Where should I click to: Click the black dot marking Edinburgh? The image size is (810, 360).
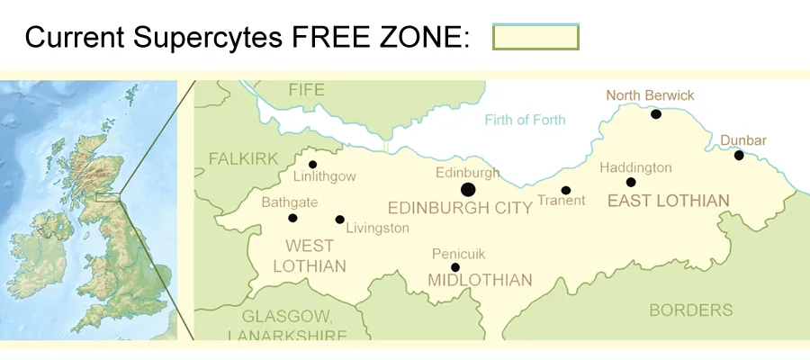pyautogui.click(x=468, y=189)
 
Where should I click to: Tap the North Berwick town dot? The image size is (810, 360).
pyautogui.click(x=656, y=114)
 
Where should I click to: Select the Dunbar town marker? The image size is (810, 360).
pyautogui.click(x=739, y=156)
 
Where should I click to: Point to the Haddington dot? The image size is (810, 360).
pyautogui.click(x=631, y=183)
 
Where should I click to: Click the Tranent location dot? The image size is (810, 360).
pyautogui.click(x=566, y=190)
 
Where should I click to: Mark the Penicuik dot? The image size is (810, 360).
pyautogui.click(x=455, y=267)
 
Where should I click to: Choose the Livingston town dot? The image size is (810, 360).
pyautogui.click(x=339, y=220)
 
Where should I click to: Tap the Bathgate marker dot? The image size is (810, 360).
pyautogui.click(x=292, y=218)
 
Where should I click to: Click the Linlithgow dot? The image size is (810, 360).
pyautogui.click(x=312, y=165)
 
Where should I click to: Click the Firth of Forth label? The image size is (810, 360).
pyautogui.click(x=525, y=120)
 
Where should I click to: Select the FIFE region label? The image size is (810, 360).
pyautogui.click(x=306, y=90)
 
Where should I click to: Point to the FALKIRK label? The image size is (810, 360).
pyautogui.click(x=243, y=158)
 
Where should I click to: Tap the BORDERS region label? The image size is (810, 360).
pyautogui.click(x=691, y=310)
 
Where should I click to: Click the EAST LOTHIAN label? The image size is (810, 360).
pyautogui.click(x=668, y=201)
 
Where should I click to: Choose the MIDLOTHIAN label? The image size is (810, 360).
pyautogui.click(x=480, y=281)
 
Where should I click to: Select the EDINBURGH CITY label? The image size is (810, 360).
pyautogui.click(x=459, y=208)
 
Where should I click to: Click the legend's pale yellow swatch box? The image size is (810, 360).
pyautogui.click(x=535, y=37)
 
